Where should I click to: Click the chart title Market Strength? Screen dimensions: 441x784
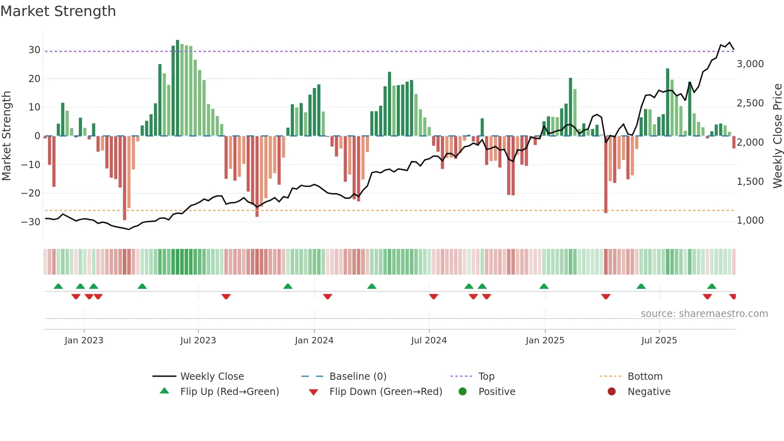(58, 11)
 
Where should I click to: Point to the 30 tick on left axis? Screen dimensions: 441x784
(34, 50)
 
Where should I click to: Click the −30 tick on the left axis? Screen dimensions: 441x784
(31, 222)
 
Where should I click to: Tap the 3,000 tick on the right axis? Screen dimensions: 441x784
(750, 64)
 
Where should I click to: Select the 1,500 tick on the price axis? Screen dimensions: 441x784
(750, 182)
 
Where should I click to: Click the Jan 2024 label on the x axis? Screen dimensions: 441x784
(314, 341)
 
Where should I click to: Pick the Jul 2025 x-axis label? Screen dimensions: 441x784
(659, 341)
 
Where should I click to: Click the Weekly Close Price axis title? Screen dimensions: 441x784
(777, 136)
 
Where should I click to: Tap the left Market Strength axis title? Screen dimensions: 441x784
(7, 136)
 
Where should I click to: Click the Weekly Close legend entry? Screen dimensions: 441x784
(212, 377)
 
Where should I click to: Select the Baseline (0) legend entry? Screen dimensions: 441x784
(358, 377)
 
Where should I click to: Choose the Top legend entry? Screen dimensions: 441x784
(486, 377)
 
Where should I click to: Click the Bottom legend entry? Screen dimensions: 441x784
(645, 377)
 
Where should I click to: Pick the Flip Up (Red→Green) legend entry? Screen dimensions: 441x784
(229, 392)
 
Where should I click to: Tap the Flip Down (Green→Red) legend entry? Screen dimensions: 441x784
(385, 392)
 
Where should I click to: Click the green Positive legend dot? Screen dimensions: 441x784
(463, 392)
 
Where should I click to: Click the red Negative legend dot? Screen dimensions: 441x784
(612, 392)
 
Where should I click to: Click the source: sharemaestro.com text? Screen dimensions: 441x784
(704, 314)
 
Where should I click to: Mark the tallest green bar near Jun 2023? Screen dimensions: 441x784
(178, 88)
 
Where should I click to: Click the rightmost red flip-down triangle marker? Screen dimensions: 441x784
(732, 297)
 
